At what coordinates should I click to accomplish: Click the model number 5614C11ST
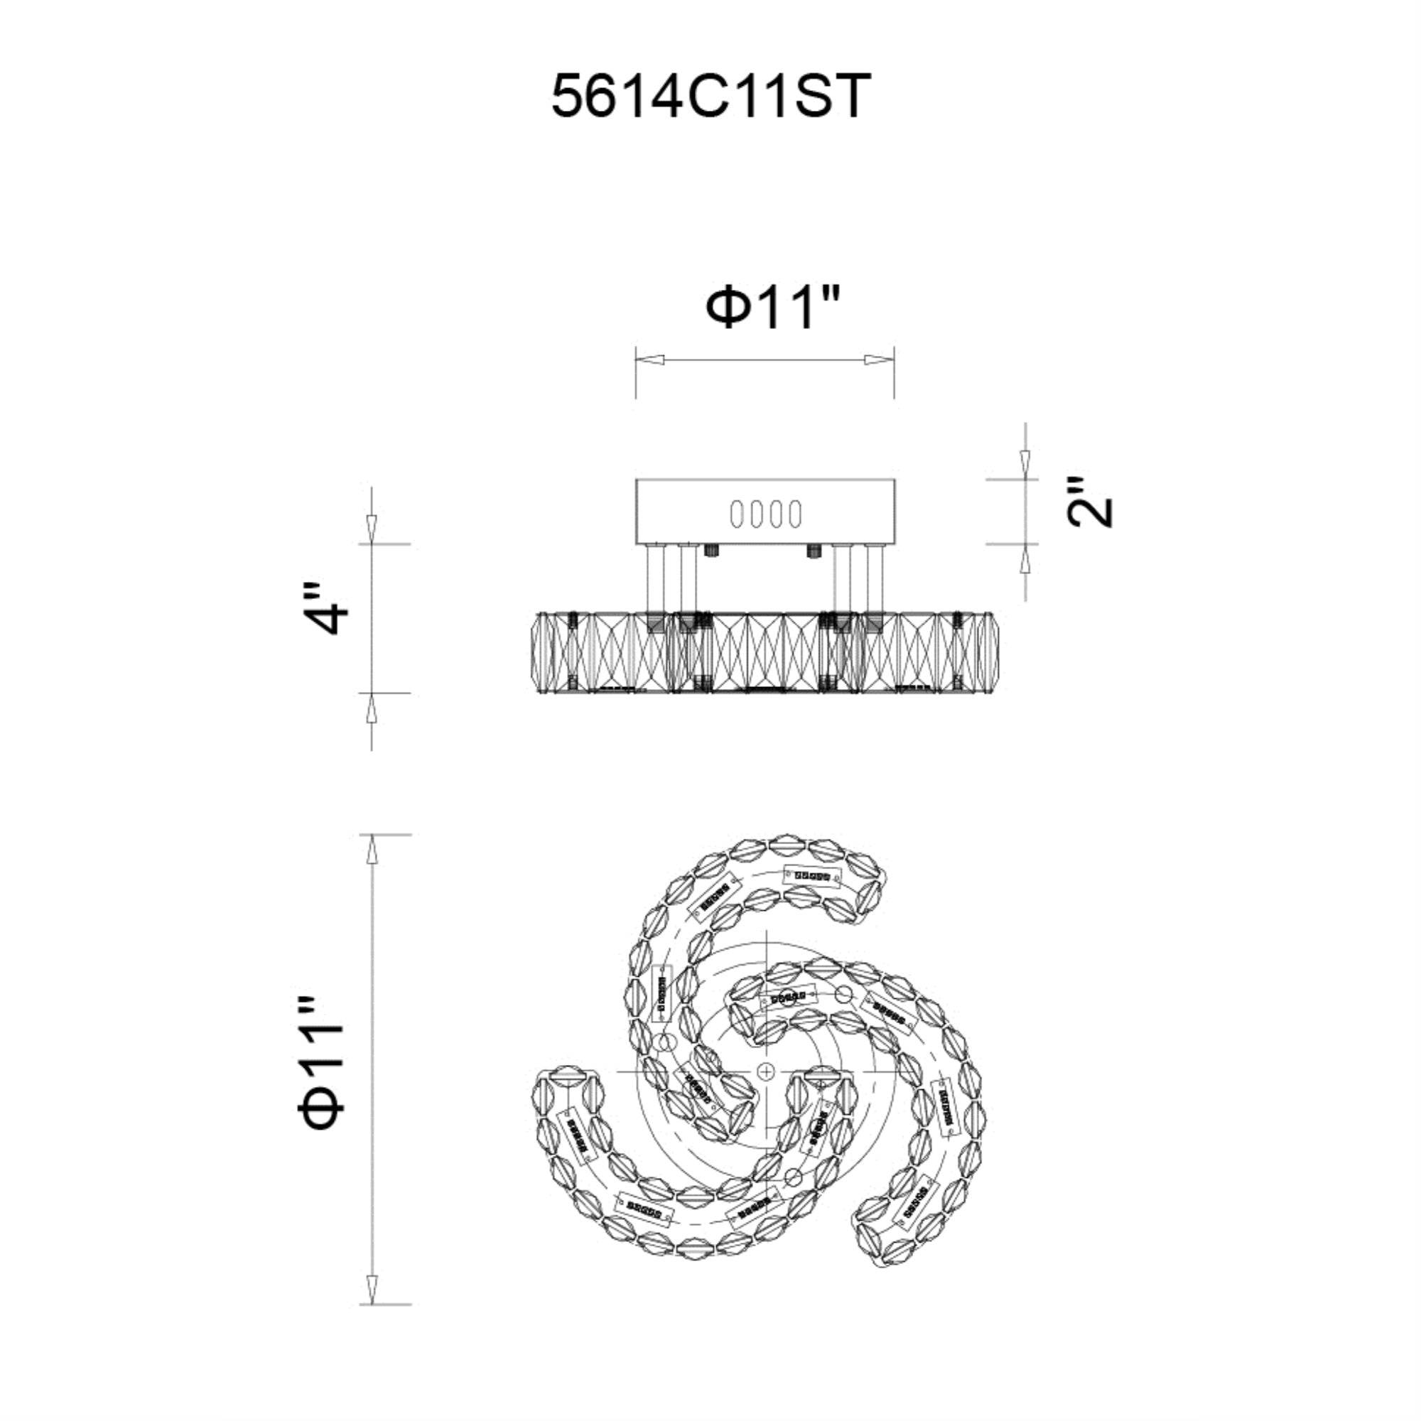710,97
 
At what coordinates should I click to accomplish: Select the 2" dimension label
1090,502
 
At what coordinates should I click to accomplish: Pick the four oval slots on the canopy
766,514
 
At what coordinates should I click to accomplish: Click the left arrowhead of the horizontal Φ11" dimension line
650,360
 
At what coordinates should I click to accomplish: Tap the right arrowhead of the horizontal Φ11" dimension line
880,360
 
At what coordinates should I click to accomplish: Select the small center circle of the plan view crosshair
767,1090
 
